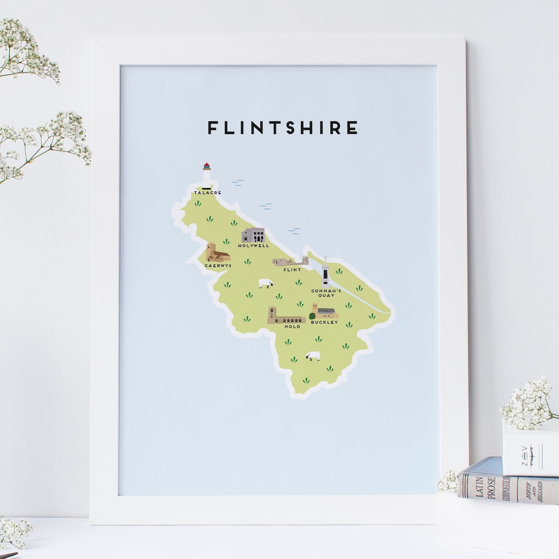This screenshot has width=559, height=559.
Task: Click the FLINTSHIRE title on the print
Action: click(283, 127)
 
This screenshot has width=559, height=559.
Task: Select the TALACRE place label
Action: click(208, 193)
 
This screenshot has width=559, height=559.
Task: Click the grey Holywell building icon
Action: click(253, 236)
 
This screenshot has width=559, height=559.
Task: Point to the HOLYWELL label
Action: click(254, 246)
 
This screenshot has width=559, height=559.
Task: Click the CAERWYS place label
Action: click(218, 266)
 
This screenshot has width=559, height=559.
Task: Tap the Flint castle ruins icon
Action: click(290, 261)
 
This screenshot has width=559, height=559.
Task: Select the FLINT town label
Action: click(292, 270)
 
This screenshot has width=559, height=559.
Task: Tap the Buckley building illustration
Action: click(325, 312)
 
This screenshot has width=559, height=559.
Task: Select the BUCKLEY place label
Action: click(325, 322)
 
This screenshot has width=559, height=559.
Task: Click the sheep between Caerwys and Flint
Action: click(266, 283)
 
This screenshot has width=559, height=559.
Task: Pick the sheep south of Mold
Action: click(313, 356)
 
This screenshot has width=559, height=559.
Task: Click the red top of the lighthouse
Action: click(207, 166)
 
